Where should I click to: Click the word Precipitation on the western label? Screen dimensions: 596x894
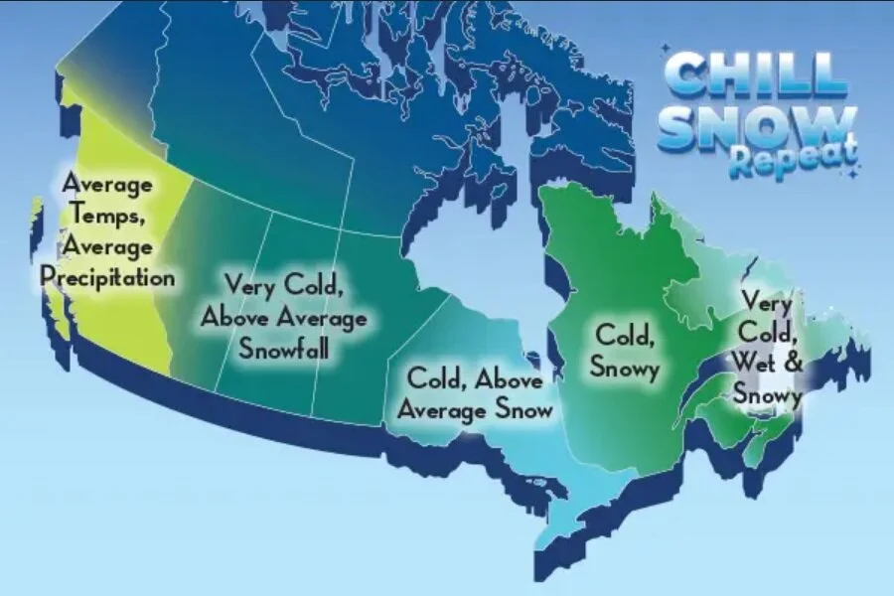pyautogui.click(x=107, y=277)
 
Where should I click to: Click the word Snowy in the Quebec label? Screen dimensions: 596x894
pyautogui.click(x=625, y=366)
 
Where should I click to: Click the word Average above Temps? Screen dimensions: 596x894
pyautogui.click(x=106, y=184)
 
